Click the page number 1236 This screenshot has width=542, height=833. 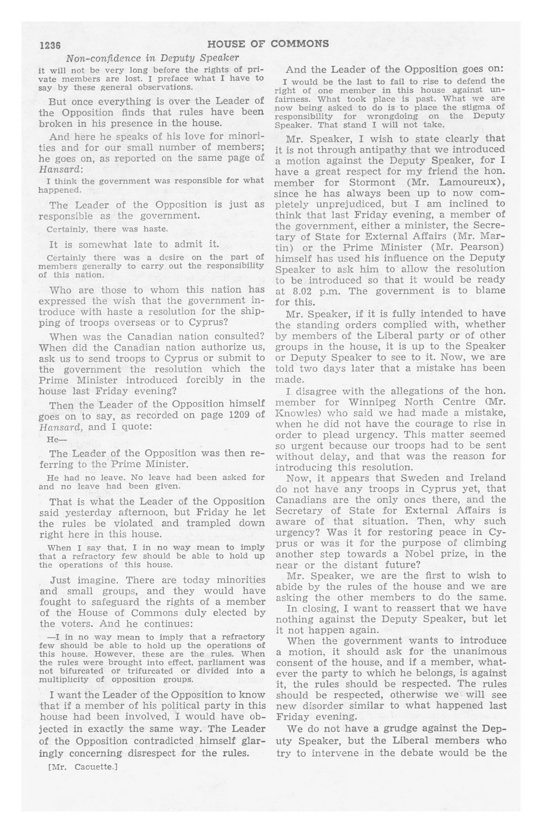click(50, 46)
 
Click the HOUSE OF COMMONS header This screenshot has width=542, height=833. click(268, 44)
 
